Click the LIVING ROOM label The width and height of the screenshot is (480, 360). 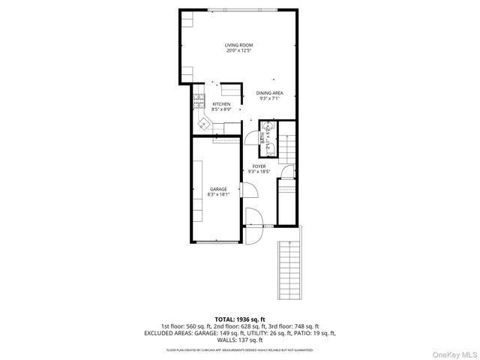(x=238, y=46)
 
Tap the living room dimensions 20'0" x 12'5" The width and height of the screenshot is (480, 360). (x=238, y=51)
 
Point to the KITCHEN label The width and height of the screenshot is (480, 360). (x=220, y=104)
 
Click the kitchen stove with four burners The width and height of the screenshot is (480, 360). (x=199, y=97)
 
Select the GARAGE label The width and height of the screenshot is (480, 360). (x=218, y=189)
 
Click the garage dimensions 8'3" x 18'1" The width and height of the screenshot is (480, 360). (x=218, y=195)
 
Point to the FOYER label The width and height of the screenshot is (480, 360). (x=259, y=166)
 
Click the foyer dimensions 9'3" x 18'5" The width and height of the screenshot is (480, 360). (x=259, y=172)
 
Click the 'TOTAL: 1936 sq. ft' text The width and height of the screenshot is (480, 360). (x=239, y=319)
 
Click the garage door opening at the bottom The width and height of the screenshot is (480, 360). (x=218, y=241)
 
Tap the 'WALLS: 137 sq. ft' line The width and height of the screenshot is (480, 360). (x=239, y=340)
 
